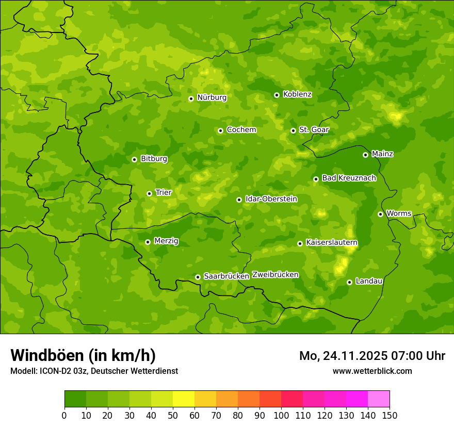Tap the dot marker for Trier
point(150,193)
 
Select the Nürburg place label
point(212,97)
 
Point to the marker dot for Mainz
point(365,155)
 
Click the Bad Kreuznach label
point(349,178)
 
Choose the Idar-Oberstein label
point(271,199)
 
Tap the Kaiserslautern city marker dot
point(300,243)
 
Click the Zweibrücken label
point(275,275)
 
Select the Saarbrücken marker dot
point(198,277)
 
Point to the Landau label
point(369,281)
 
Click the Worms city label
point(398,213)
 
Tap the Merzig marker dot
point(148,242)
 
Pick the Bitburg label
point(154,159)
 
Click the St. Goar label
point(314,129)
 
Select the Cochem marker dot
point(220,130)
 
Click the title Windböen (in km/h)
point(83,355)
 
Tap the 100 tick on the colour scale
point(281,415)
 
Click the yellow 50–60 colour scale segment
point(184,399)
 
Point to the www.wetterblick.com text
point(372,371)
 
